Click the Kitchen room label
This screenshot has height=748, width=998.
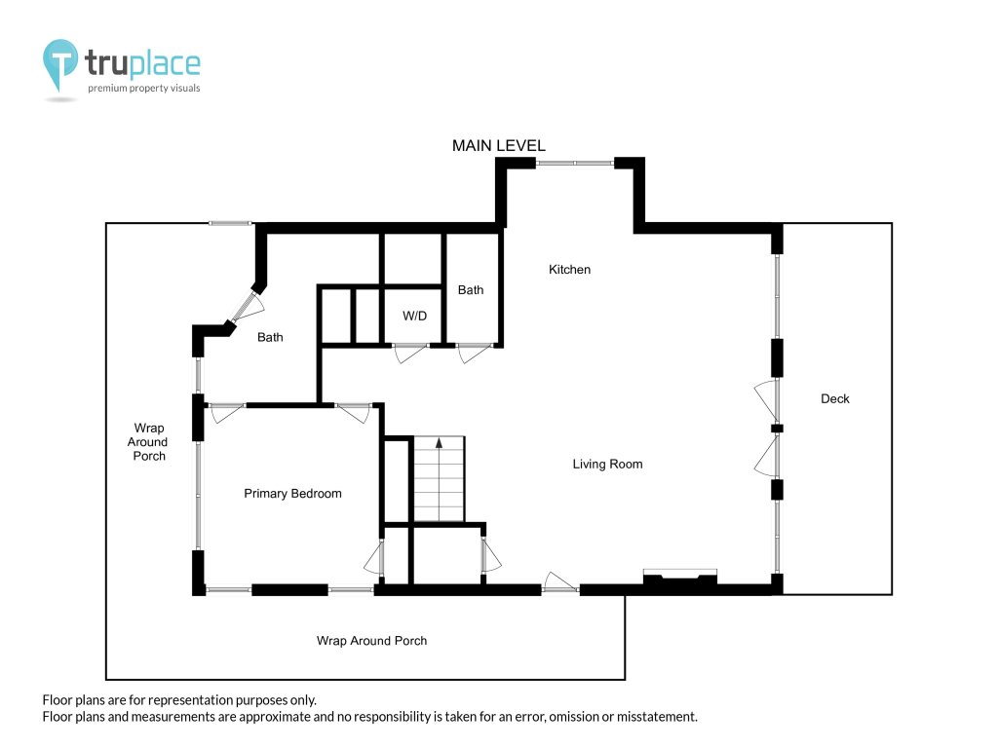[x=569, y=270]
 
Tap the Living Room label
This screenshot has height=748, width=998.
[x=607, y=465]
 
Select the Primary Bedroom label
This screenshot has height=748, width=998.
[x=292, y=494]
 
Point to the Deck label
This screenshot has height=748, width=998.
[x=834, y=398]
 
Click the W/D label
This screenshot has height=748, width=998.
[x=414, y=317]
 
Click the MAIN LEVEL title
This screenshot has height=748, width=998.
[x=498, y=146]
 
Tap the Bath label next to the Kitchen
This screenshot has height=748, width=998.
[x=471, y=290]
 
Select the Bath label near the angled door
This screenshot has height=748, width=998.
[x=270, y=337]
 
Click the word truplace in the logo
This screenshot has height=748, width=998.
[x=142, y=63]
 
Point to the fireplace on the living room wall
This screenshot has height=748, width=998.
[x=679, y=578]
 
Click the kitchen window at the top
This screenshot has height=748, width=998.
[x=575, y=164]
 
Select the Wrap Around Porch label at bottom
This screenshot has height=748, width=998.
[x=371, y=641]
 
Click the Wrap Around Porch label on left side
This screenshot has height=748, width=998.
[x=148, y=442]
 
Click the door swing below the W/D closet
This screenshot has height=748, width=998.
[x=409, y=352]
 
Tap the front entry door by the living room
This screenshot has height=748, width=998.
[x=560, y=582]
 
